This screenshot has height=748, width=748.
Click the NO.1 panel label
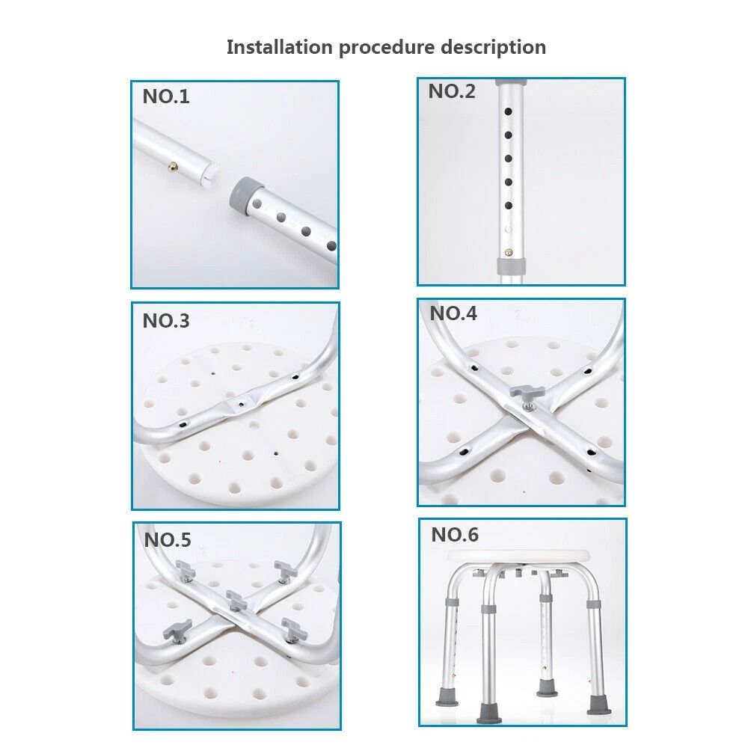(x=166, y=97)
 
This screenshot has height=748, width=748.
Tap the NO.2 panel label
(x=451, y=92)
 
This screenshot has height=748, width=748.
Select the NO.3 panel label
(x=166, y=321)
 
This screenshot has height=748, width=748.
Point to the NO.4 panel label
(x=453, y=313)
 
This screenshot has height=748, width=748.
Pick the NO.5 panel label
(x=168, y=539)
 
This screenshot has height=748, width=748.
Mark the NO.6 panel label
(x=454, y=535)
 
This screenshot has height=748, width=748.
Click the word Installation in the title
(x=278, y=47)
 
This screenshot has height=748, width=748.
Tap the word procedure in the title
(x=387, y=47)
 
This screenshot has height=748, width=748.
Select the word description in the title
(x=493, y=47)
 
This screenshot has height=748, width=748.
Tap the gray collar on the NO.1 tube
(x=248, y=190)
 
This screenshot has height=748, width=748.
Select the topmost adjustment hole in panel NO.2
(x=509, y=111)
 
